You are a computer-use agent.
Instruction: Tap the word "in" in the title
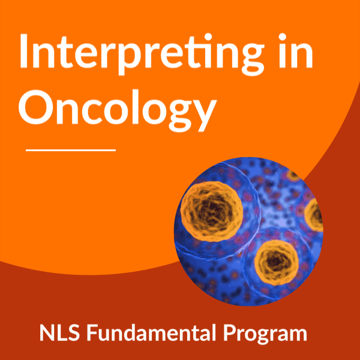296,51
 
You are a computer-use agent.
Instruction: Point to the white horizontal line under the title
71,151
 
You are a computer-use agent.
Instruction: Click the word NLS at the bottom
59,332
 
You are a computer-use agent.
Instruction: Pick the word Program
265,334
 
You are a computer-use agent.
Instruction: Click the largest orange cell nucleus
211,211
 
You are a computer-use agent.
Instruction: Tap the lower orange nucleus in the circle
276,262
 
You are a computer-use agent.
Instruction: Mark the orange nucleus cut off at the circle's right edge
314,215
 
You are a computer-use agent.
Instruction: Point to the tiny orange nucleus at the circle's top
294,175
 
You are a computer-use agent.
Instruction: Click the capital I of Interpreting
24,51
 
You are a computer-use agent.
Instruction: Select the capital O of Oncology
36,107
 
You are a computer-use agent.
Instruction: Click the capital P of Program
230,332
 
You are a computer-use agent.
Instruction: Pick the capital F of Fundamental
92,332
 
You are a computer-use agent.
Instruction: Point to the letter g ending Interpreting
250,59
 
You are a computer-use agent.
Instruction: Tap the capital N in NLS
47,332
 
